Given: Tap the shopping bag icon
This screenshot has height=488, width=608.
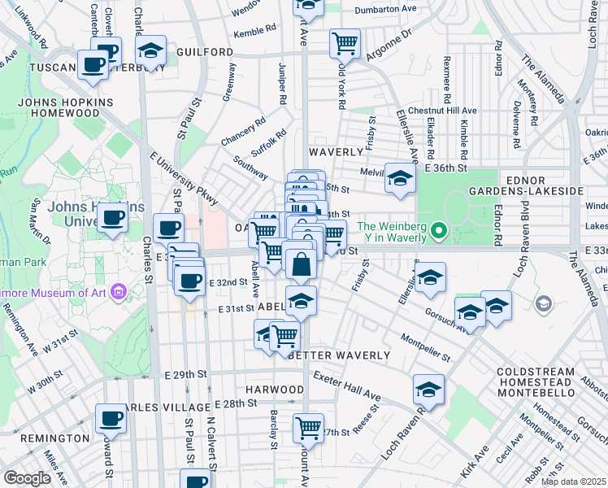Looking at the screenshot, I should click(301, 264).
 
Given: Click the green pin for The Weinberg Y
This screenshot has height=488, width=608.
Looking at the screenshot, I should click(439, 232).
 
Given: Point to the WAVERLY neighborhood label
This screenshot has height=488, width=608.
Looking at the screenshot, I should click(335, 152).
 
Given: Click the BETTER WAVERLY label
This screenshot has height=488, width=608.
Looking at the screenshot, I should click(329, 355).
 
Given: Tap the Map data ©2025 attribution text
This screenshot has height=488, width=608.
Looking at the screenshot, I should click(572, 481).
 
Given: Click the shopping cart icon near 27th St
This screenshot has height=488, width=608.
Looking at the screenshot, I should click(307, 426).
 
